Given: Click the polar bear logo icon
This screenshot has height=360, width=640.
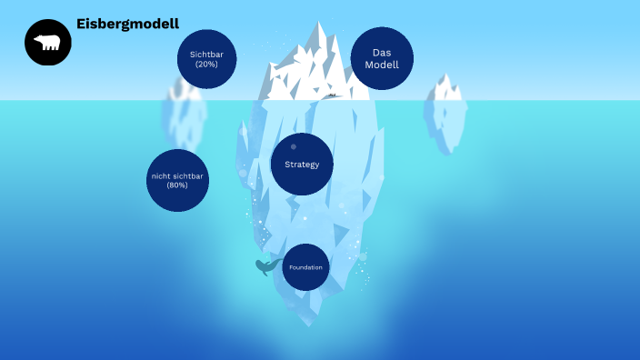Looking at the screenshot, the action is click(47, 43).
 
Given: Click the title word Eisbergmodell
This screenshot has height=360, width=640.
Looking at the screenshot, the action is click(127, 24).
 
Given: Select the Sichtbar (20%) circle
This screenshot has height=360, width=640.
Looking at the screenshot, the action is click(207, 59).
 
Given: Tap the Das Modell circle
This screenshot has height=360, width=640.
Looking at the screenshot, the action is click(382, 58).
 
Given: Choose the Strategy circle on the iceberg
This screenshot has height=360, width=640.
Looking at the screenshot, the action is click(302, 165).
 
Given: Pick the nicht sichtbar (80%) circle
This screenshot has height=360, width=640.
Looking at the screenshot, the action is click(177, 180).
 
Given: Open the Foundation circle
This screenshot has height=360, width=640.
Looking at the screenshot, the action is click(305, 267).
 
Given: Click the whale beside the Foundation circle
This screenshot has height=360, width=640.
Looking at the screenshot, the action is click(265, 266).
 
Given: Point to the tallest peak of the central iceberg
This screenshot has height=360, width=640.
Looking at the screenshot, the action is click(319, 25).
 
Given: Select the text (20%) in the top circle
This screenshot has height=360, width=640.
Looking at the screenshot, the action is click(207, 64).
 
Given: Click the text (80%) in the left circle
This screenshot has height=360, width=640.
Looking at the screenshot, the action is click(177, 185).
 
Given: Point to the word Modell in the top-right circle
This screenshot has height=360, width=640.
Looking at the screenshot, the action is click(382, 65).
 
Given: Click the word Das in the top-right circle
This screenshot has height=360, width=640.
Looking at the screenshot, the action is click(382, 53).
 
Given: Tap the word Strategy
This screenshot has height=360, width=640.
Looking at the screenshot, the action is click(302, 165).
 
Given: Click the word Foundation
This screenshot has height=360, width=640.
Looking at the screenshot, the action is click(305, 267).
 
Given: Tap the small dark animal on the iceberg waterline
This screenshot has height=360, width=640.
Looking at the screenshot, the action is click(333, 95).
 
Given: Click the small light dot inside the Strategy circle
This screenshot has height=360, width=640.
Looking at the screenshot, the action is click(293, 146).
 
